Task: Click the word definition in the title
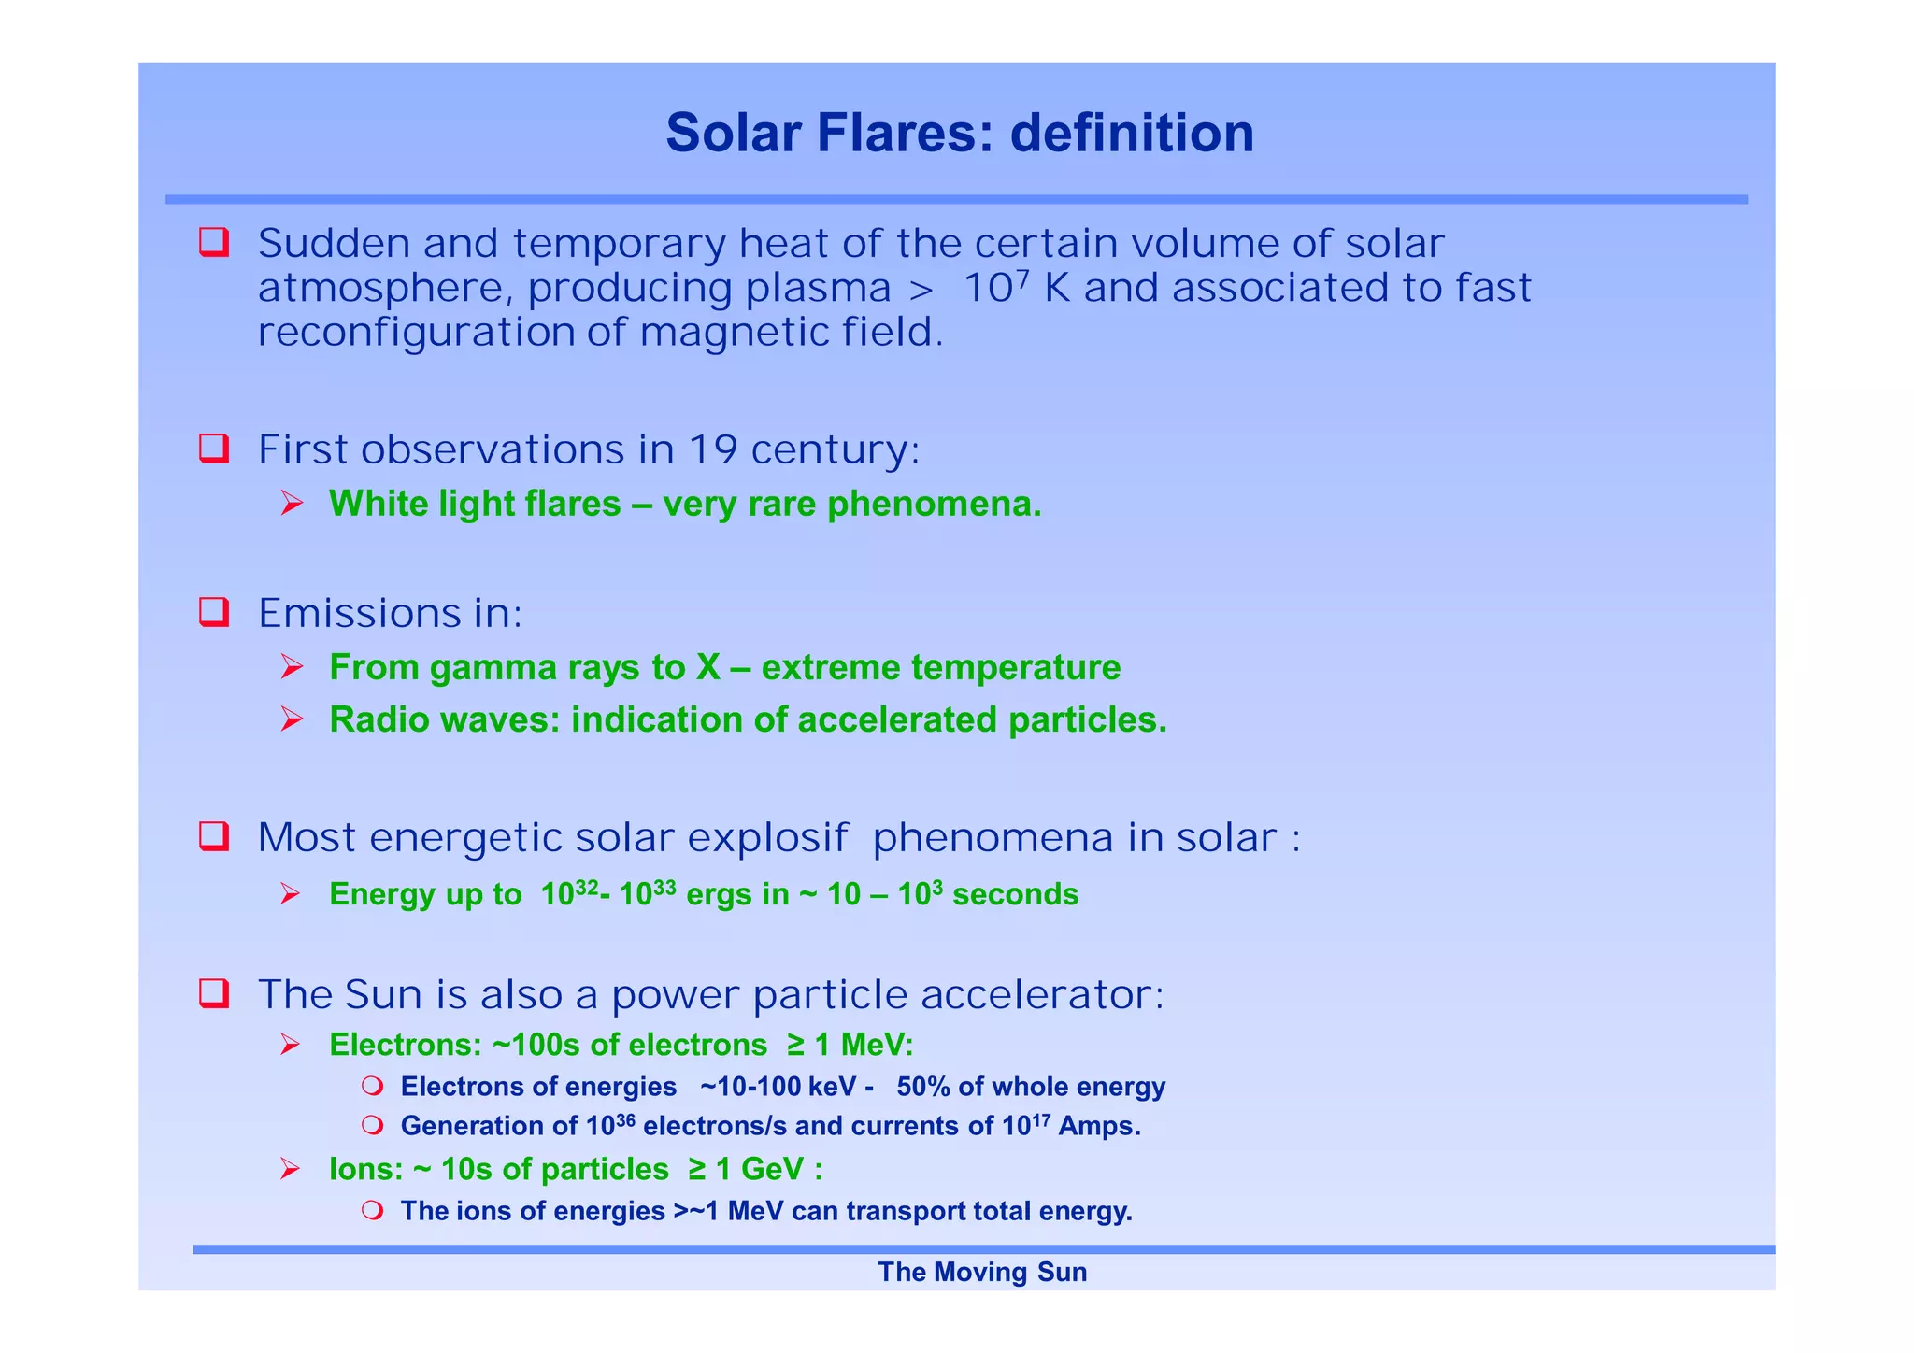tap(1132, 133)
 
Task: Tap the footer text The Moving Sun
tap(981, 1272)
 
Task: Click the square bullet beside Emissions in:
tap(214, 612)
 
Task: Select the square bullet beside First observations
tap(214, 449)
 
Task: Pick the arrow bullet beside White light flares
tap(292, 505)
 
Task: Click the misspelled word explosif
tap(768, 838)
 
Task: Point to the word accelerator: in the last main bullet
tap(1042, 994)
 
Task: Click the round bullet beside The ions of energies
tap(373, 1211)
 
